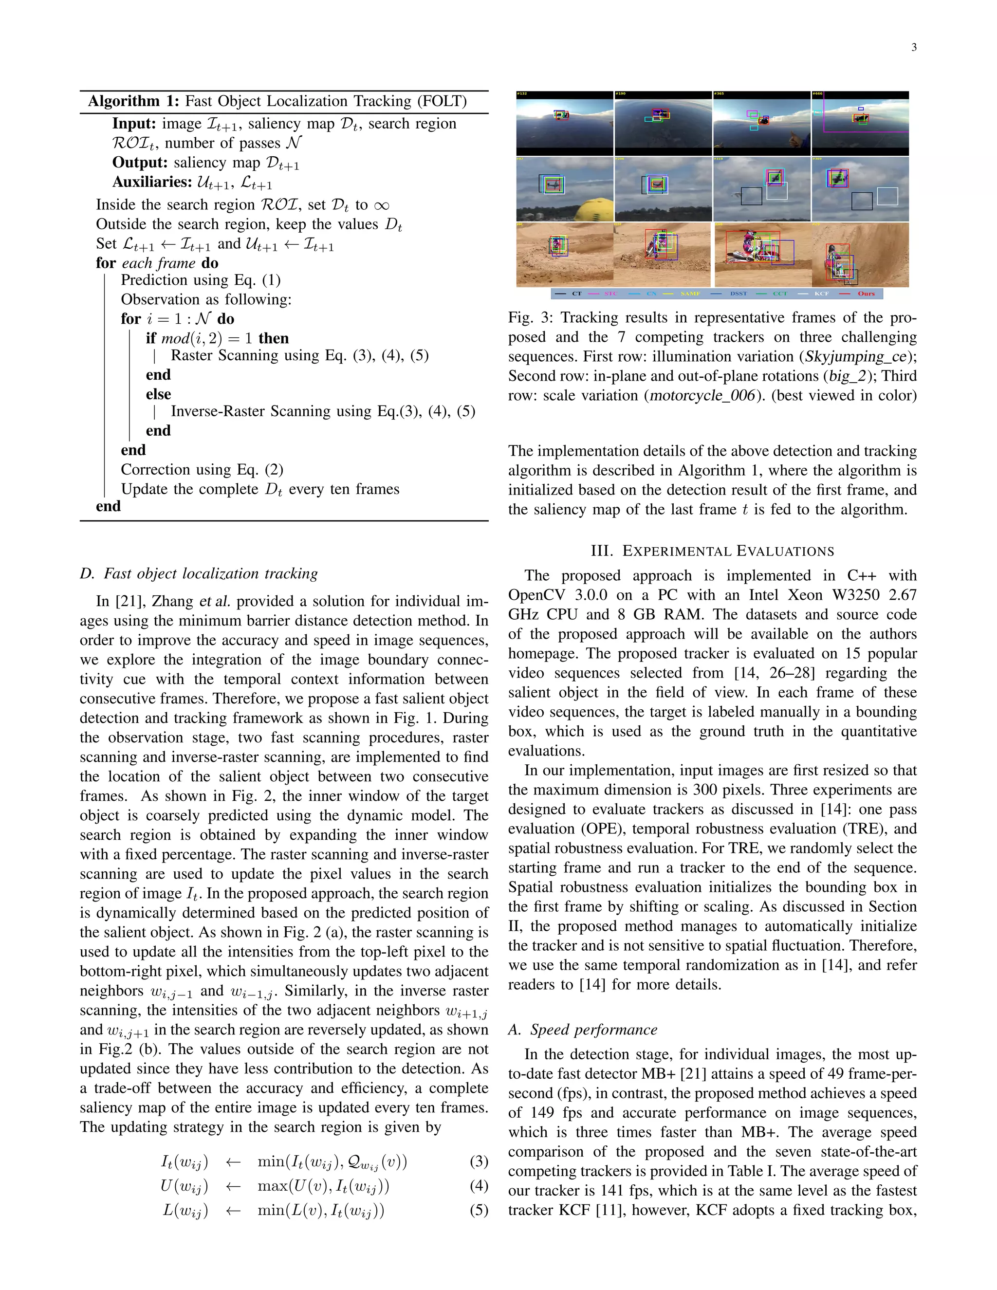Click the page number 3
914,48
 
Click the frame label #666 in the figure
817,94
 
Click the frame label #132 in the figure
522,94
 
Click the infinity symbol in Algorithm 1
382,205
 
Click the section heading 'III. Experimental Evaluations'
712,551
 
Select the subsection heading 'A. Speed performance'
582,1030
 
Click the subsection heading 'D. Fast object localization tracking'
199,573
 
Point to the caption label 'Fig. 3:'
529,318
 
